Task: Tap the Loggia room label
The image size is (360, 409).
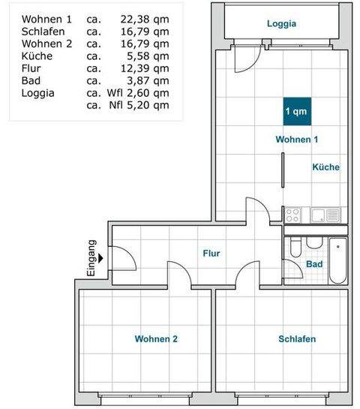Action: point(282,23)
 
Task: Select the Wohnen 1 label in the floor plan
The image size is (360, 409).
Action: point(297,140)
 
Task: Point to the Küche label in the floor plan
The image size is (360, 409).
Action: point(325,167)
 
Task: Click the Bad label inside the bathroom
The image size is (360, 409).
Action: point(314,265)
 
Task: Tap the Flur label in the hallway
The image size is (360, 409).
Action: point(211,254)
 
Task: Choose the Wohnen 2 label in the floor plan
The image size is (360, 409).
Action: point(156,339)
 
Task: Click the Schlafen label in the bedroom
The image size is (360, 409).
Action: point(297,339)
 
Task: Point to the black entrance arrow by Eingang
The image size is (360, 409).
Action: point(100,260)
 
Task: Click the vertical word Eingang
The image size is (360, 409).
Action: point(91,259)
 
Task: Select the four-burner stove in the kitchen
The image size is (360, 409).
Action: point(293,215)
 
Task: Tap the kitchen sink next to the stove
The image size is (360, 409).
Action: point(319,215)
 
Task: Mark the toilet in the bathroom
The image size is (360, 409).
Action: point(295,249)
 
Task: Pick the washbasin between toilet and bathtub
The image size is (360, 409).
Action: point(313,246)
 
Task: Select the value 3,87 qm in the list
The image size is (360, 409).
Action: point(148,80)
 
